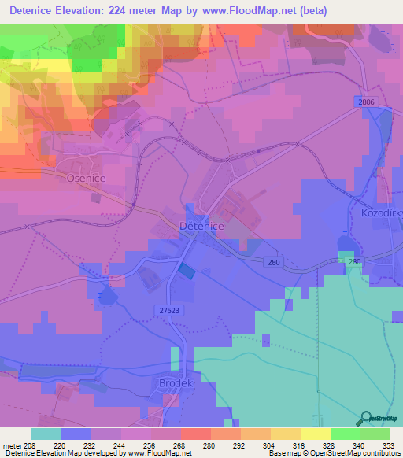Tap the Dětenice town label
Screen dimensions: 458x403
(202, 226)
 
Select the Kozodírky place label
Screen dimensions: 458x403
(377, 213)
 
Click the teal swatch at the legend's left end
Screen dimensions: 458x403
(46, 434)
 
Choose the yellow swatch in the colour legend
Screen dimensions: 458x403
(285, 434)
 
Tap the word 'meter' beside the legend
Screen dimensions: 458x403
(11, 445)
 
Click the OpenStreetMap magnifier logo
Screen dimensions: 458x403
(365, 419)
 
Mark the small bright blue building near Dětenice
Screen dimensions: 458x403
(186, 270)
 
